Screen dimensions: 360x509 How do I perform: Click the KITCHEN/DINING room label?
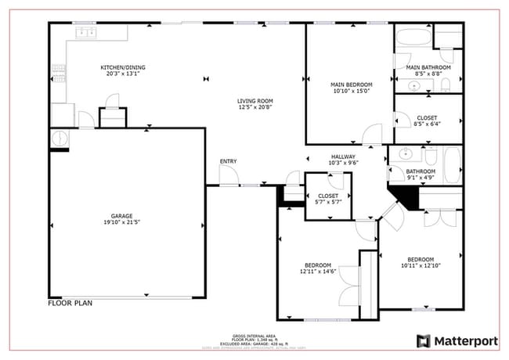coord(123,67)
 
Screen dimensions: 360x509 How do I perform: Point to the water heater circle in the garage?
coord(60,138)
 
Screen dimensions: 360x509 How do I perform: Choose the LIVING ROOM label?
coord(255,101)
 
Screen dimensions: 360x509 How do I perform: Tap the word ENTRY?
coord(228,161)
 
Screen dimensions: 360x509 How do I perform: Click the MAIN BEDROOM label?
coord(351,84)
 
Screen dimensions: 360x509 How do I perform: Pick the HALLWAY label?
coord(343,157)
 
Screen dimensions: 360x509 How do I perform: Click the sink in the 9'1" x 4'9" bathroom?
coord(406,153)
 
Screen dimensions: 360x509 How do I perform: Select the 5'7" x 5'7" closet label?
coord(327,199)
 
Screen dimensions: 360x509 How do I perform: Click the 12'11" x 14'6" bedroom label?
coord(317,268)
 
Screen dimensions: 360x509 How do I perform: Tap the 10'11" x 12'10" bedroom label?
coord(420,262)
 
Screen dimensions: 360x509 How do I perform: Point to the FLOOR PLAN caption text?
coord(71,302)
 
